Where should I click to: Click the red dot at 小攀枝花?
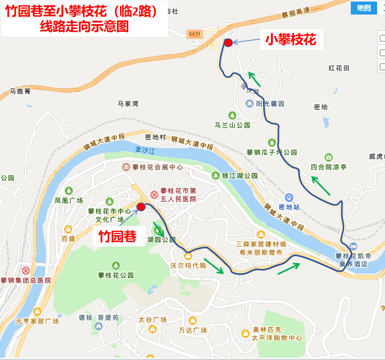pyautogui.click(x=228, y=43)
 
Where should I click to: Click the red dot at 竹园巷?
pyautogui.click(x=141, y=207)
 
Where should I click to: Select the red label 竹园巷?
pyautogui.click(x=115, y=237)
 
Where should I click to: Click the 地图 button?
pyautogui.click(x=363, y=8)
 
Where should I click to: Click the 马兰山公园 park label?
pyautogui.click(x=233, y=125)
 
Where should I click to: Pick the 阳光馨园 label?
pyautogui.click(x=270, y=103)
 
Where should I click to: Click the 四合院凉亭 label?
pyautogui.click(x=328, y=167)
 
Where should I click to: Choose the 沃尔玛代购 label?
pyautogui.click(x=188, y=265)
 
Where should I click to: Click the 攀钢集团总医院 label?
pyautogui.click(x=26, y=280)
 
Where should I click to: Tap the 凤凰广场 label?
pyautogui.click(x=68, y=200)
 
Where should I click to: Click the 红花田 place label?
pyautogui.click(x=339, y=68)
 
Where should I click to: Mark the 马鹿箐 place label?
pyautogui.click(x=20, y=91)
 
